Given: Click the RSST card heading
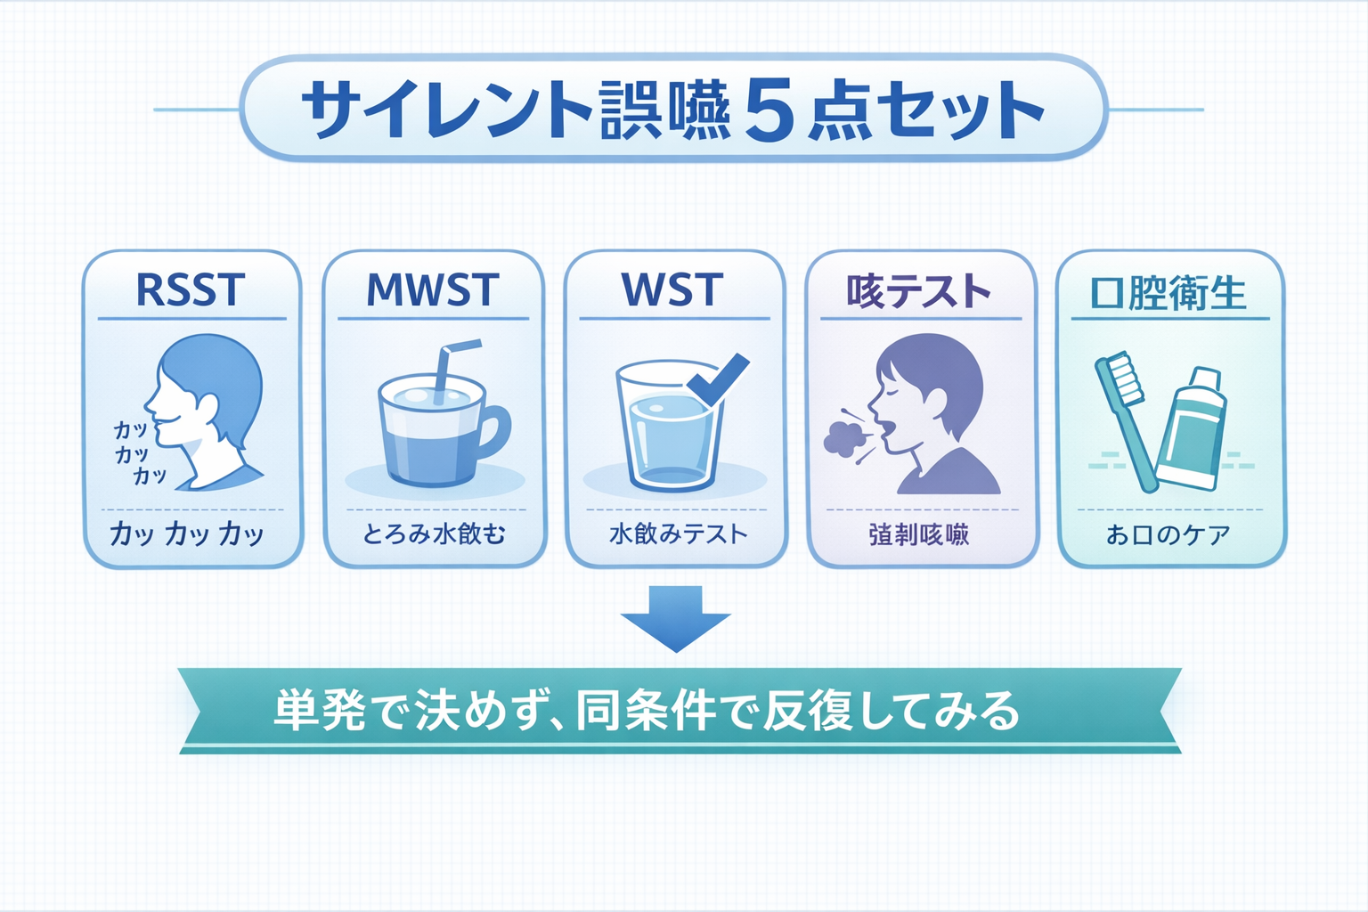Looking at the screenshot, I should pyautogui.click(x=190, y=289).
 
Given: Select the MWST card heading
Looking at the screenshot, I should pyautogui.click(x=433, y=289).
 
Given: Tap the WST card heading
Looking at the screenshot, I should pyautogui.click(x=672, y=289).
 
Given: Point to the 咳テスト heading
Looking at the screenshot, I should pyautogui.click(x=919, y=291).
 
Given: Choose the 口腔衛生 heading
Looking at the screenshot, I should pyautogui.click(x=1168, y=292).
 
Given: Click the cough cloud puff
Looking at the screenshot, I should pyautogui.click(x=845, y=436).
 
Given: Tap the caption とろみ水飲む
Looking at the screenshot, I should pyautogui.click(x=434, y=534).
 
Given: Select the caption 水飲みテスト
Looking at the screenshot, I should pyautogui.click(x=678, y=534).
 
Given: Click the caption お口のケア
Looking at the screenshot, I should pyautogui.click(x=1168, y=534).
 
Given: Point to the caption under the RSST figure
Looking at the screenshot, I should pyautogui.click(x=187, y=533).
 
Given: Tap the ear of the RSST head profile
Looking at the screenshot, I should pyautogui.click(x=208, y=409).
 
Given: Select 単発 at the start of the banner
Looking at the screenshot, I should pyautogui.click(x=319, y=711).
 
